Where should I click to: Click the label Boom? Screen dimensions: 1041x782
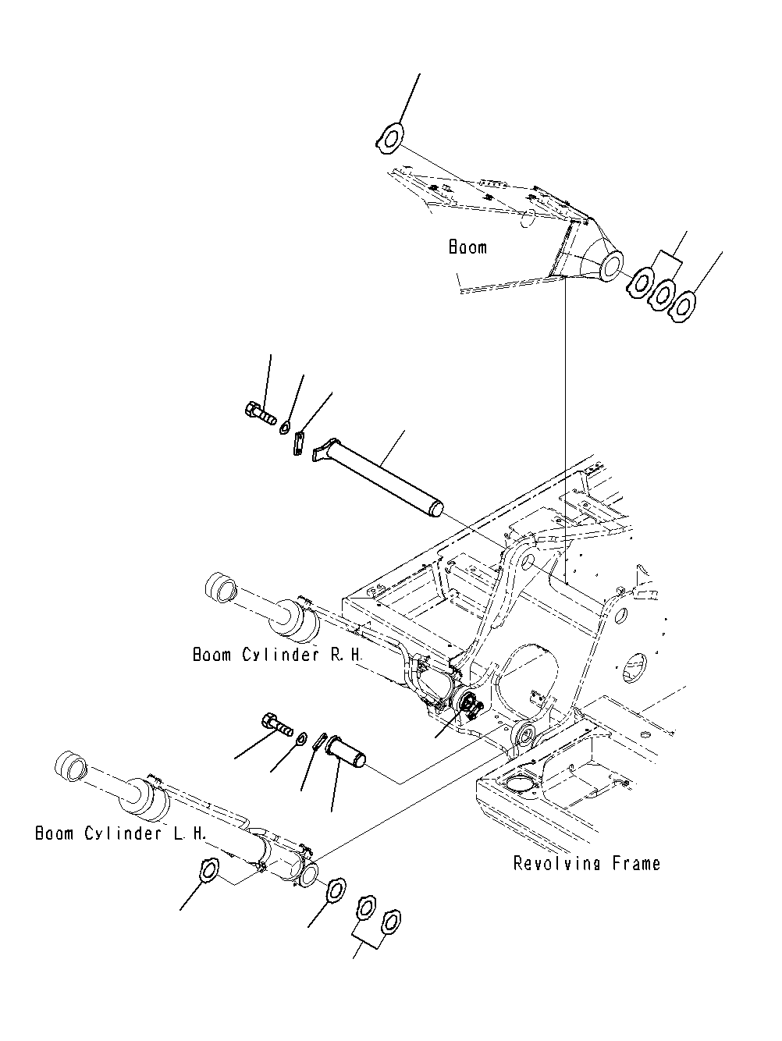(x=467, y=247)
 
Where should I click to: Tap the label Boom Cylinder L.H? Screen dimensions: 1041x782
(x=121, y=833)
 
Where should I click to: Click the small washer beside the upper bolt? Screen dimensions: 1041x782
(x=286, y=427)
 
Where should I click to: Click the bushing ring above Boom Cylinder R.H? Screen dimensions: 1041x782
(x=220, y=588)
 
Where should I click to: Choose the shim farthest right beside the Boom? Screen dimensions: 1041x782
(x=684, y=305)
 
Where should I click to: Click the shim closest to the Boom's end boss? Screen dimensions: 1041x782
(x=642, y=282)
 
